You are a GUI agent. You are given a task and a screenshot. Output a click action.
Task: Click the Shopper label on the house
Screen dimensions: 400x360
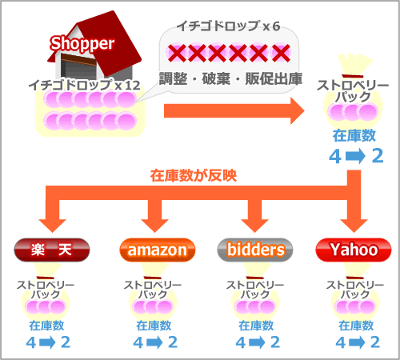[82, 44]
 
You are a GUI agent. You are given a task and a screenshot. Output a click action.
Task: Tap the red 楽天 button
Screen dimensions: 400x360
[52, 250]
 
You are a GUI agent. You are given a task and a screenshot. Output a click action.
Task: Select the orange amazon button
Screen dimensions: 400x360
[158, 250]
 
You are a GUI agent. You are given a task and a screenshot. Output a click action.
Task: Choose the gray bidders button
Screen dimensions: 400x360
[255, 250]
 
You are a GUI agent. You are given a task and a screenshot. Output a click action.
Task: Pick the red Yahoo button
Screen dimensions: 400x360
[354, 250]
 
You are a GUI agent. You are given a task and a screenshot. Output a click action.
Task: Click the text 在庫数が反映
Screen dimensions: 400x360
[194, 176]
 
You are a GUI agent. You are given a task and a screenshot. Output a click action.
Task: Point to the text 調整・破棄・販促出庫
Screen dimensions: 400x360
[230, 78]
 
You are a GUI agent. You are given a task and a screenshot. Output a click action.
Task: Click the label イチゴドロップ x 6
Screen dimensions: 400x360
[228, 26]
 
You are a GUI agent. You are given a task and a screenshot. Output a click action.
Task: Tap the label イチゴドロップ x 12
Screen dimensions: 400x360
[84, 85]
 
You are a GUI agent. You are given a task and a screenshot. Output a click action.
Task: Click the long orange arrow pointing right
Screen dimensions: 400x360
[234, 110]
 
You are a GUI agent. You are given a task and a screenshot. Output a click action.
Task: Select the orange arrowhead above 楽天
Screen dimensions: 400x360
[52, 226]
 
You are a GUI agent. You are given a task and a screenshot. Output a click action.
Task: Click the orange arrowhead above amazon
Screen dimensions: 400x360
[154, 226]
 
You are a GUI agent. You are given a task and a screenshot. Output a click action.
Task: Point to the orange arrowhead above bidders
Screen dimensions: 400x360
[254, 226]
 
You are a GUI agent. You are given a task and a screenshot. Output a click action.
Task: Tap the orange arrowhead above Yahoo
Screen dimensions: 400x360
[354, 226]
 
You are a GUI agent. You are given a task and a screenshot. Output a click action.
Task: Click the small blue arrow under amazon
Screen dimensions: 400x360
[154, 342]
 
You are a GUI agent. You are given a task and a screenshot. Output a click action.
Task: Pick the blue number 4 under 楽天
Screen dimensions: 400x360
[31, 342]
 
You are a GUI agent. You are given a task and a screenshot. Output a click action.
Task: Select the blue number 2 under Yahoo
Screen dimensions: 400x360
[375, 342]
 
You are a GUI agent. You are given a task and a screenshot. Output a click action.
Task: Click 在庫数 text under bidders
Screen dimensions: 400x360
[256, 326]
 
